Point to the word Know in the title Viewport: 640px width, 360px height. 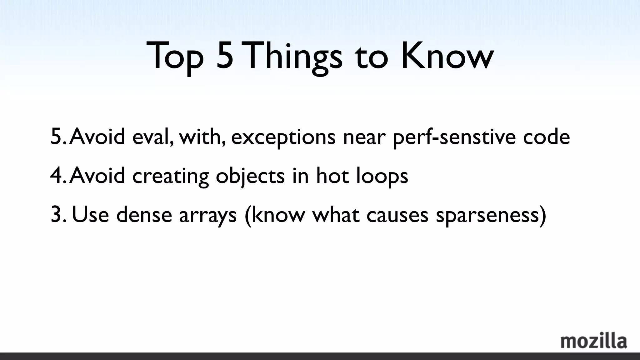447,56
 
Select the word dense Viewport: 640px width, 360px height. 144,215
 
